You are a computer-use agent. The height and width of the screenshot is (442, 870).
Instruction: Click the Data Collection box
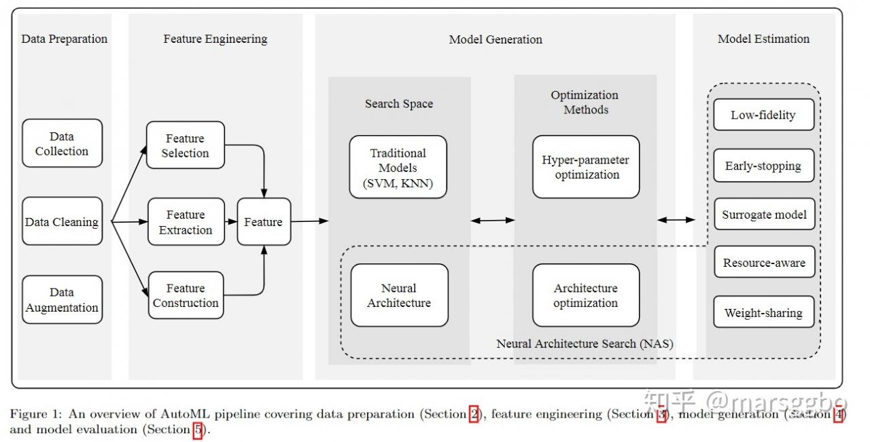(62, 143)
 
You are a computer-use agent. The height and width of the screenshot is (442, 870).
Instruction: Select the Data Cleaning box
(62, 221)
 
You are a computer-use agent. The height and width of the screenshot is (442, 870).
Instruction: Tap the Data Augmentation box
(62, 299)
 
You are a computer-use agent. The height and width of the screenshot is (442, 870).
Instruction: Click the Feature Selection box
(186, 145)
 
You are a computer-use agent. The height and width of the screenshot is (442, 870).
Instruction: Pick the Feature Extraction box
(186, 221)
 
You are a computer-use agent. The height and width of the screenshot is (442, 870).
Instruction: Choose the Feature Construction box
(186, 295)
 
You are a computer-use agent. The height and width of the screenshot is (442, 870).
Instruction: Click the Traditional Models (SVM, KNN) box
(398, 167)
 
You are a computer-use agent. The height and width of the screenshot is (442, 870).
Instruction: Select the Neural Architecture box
(399, 295)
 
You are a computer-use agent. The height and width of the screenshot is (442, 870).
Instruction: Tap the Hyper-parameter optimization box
(586, 167)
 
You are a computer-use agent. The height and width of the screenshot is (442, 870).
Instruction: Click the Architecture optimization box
(586, 295)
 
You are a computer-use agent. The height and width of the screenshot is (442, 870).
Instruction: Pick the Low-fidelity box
(763, 115)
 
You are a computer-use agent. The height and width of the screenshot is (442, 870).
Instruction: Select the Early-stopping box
(763, 165)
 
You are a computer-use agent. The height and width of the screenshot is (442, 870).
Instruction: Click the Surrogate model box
(765, 214)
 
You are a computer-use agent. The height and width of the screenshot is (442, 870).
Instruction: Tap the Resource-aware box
(765, 262)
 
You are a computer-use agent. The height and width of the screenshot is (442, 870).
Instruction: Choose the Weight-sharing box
(763, 312)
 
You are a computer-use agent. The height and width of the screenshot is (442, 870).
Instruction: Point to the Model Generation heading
(495, 39)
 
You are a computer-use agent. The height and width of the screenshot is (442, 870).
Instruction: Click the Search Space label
(399, 104)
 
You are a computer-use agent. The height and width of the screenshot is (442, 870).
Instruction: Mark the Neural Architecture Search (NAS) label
(585, 344)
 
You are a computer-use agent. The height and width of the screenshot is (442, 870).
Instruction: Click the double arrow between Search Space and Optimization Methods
(493, 221)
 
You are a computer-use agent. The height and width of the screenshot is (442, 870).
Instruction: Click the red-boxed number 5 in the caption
(198, 430)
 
